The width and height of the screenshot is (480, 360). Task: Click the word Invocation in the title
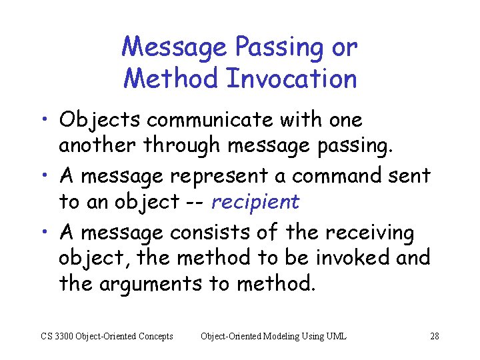[292, 79]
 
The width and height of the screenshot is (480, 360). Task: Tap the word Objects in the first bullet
[100, 121]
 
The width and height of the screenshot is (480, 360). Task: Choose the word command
[318, 177]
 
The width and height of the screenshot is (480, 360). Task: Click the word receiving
[369, 233]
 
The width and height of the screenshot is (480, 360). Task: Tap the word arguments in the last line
[151, 284]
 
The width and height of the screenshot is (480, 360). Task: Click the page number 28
[434, 336]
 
